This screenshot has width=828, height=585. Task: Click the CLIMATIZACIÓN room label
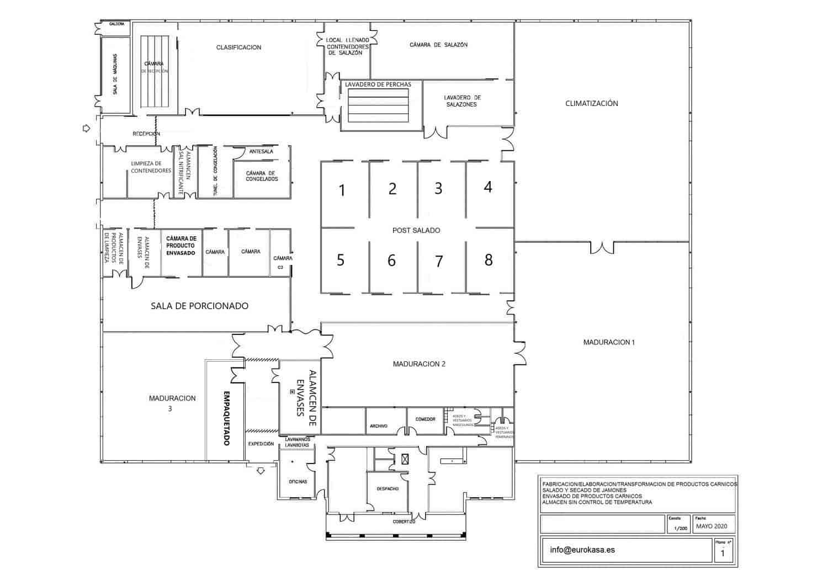[x=591, y=103]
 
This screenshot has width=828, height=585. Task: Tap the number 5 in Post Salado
[x=340, y=260]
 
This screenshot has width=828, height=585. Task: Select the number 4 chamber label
[x=487, y=187]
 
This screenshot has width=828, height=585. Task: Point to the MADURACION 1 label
[x=609, y=342]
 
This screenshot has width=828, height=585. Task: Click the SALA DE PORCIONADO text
[x=199, y=306]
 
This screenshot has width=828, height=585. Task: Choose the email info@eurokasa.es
[x=582, y=550]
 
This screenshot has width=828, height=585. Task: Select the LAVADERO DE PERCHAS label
[x=378, y=84]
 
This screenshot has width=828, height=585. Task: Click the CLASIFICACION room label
[x=238, y=47]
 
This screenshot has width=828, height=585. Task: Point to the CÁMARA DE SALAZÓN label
[x=438, y=45]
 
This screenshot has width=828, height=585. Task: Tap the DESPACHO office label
[x=388, y=488]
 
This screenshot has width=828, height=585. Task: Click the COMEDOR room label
[x=426, y=419]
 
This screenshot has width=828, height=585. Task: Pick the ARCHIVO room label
[x=379, y=426]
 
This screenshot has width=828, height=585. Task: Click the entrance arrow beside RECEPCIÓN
[x=86, y=128]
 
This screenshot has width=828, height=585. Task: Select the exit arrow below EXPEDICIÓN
[x=261, y=470]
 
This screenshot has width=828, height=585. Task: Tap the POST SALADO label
[x=416, y=230]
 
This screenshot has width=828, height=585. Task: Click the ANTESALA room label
[x=261, y=151]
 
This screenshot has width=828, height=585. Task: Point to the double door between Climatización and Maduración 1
[x=602, y=247]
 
